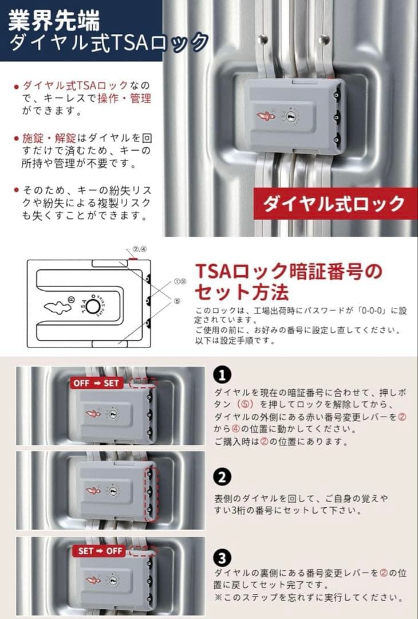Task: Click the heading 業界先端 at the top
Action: (54, 20)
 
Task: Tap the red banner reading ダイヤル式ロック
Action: (334, 203)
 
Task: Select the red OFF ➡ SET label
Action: (97, 383)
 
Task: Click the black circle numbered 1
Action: (222, 375)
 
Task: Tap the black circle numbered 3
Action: (222, 557)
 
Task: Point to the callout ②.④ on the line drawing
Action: (140, 249)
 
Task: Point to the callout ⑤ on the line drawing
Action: (177, 300)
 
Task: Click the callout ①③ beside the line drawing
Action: (180, 282)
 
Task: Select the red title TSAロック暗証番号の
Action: (287, 271)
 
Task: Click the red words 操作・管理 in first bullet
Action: (132, 98)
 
